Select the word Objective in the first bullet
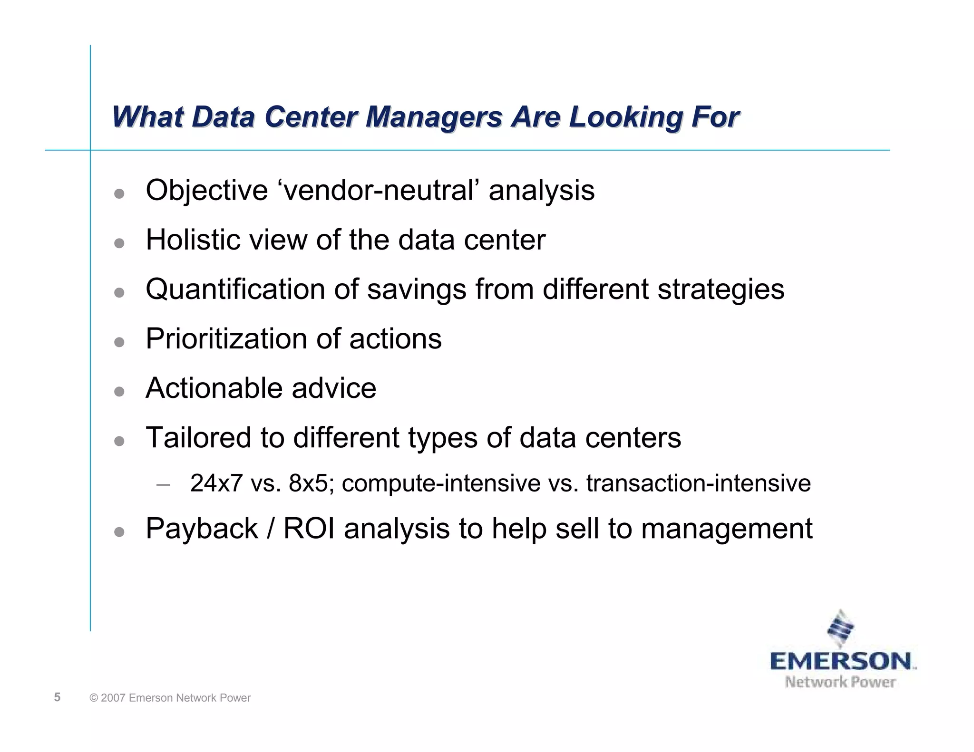point(207,191)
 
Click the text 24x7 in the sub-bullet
point(216,483)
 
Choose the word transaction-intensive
point(698,483)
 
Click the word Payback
point(202,529)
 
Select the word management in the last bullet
point(727,529)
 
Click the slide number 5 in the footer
point(57,697)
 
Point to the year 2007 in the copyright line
point(113,698)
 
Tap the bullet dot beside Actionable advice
point(119,391)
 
